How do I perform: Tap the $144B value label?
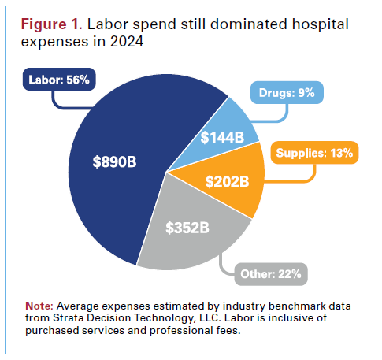point(223,137)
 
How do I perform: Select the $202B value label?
point(228,181)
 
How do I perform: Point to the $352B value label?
point(188,228)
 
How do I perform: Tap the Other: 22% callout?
point(270,275)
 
